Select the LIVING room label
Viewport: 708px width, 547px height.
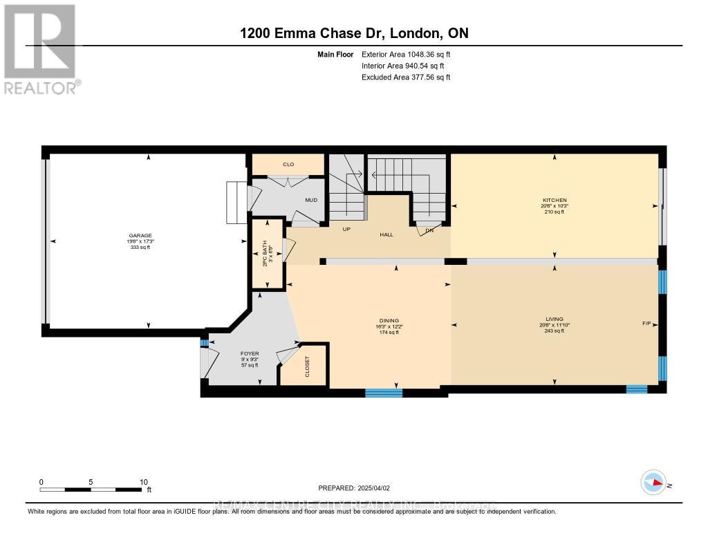coord(554,319)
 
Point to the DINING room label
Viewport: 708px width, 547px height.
coord(395,320)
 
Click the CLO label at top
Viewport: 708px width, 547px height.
coord(288,165)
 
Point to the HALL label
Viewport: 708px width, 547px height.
coord(386,234)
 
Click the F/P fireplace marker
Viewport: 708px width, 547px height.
coord(646,323)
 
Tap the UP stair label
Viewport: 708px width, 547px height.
coord(348,229)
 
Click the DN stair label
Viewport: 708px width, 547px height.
coord(429,230)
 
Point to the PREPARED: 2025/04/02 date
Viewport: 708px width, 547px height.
coord(359,488)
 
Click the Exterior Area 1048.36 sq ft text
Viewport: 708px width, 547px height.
coord(407,54)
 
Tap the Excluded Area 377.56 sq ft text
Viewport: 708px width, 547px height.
coord(406,77)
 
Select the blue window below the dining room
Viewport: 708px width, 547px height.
coord(384,393)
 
